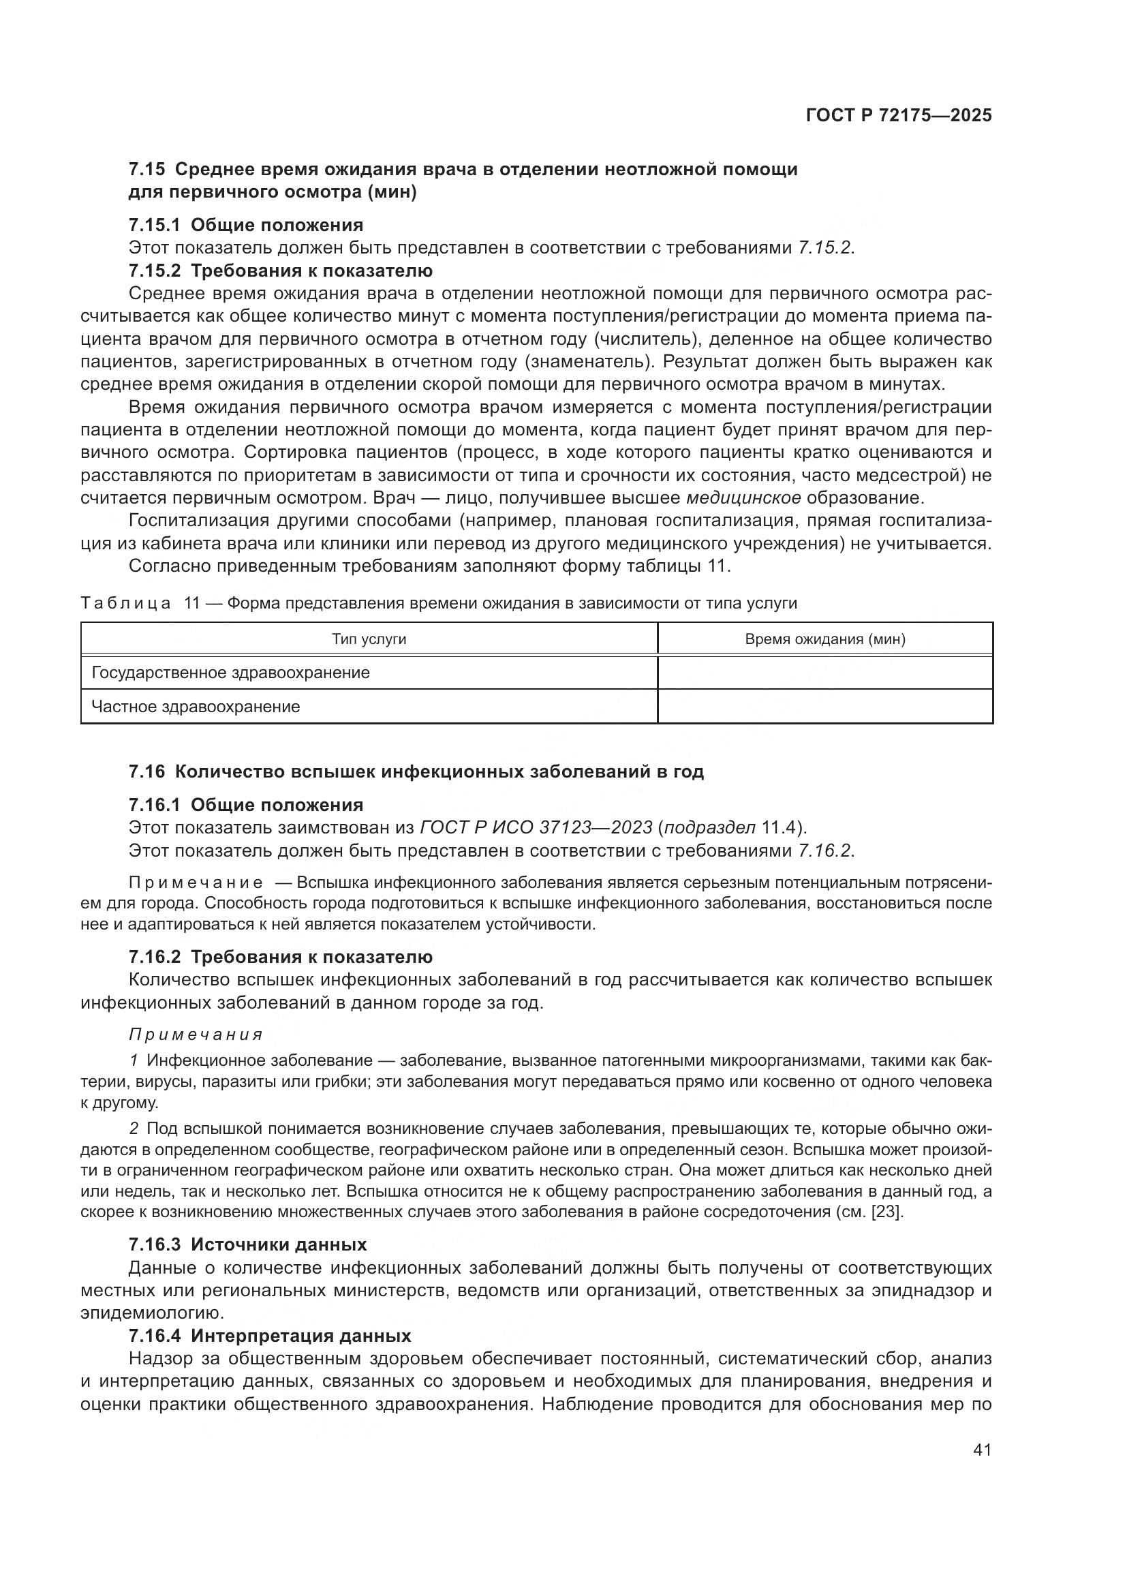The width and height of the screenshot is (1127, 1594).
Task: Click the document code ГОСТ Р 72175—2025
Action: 898,116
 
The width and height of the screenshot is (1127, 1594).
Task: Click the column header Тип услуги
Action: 369,639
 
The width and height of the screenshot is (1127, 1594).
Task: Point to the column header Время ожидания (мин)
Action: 824,639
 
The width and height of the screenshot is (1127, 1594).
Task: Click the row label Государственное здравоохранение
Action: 230,673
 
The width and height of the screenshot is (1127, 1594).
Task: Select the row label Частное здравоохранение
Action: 196,707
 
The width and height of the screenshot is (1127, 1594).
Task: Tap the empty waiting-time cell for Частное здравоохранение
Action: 824,707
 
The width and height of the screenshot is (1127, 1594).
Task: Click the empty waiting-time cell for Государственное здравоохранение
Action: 824,673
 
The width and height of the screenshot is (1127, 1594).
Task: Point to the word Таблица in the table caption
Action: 125,603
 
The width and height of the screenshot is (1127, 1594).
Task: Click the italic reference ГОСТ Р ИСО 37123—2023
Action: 536,827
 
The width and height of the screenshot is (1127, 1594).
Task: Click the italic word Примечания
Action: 196,1034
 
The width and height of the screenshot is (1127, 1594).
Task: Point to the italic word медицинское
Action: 743,497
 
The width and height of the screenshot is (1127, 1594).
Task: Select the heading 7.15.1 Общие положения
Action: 246,225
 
